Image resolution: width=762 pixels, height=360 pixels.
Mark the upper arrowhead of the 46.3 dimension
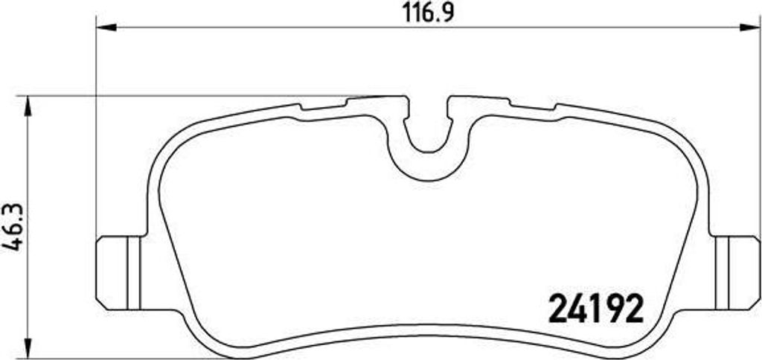pos(28,106)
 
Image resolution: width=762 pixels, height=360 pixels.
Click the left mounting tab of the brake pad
pos(119,273)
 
